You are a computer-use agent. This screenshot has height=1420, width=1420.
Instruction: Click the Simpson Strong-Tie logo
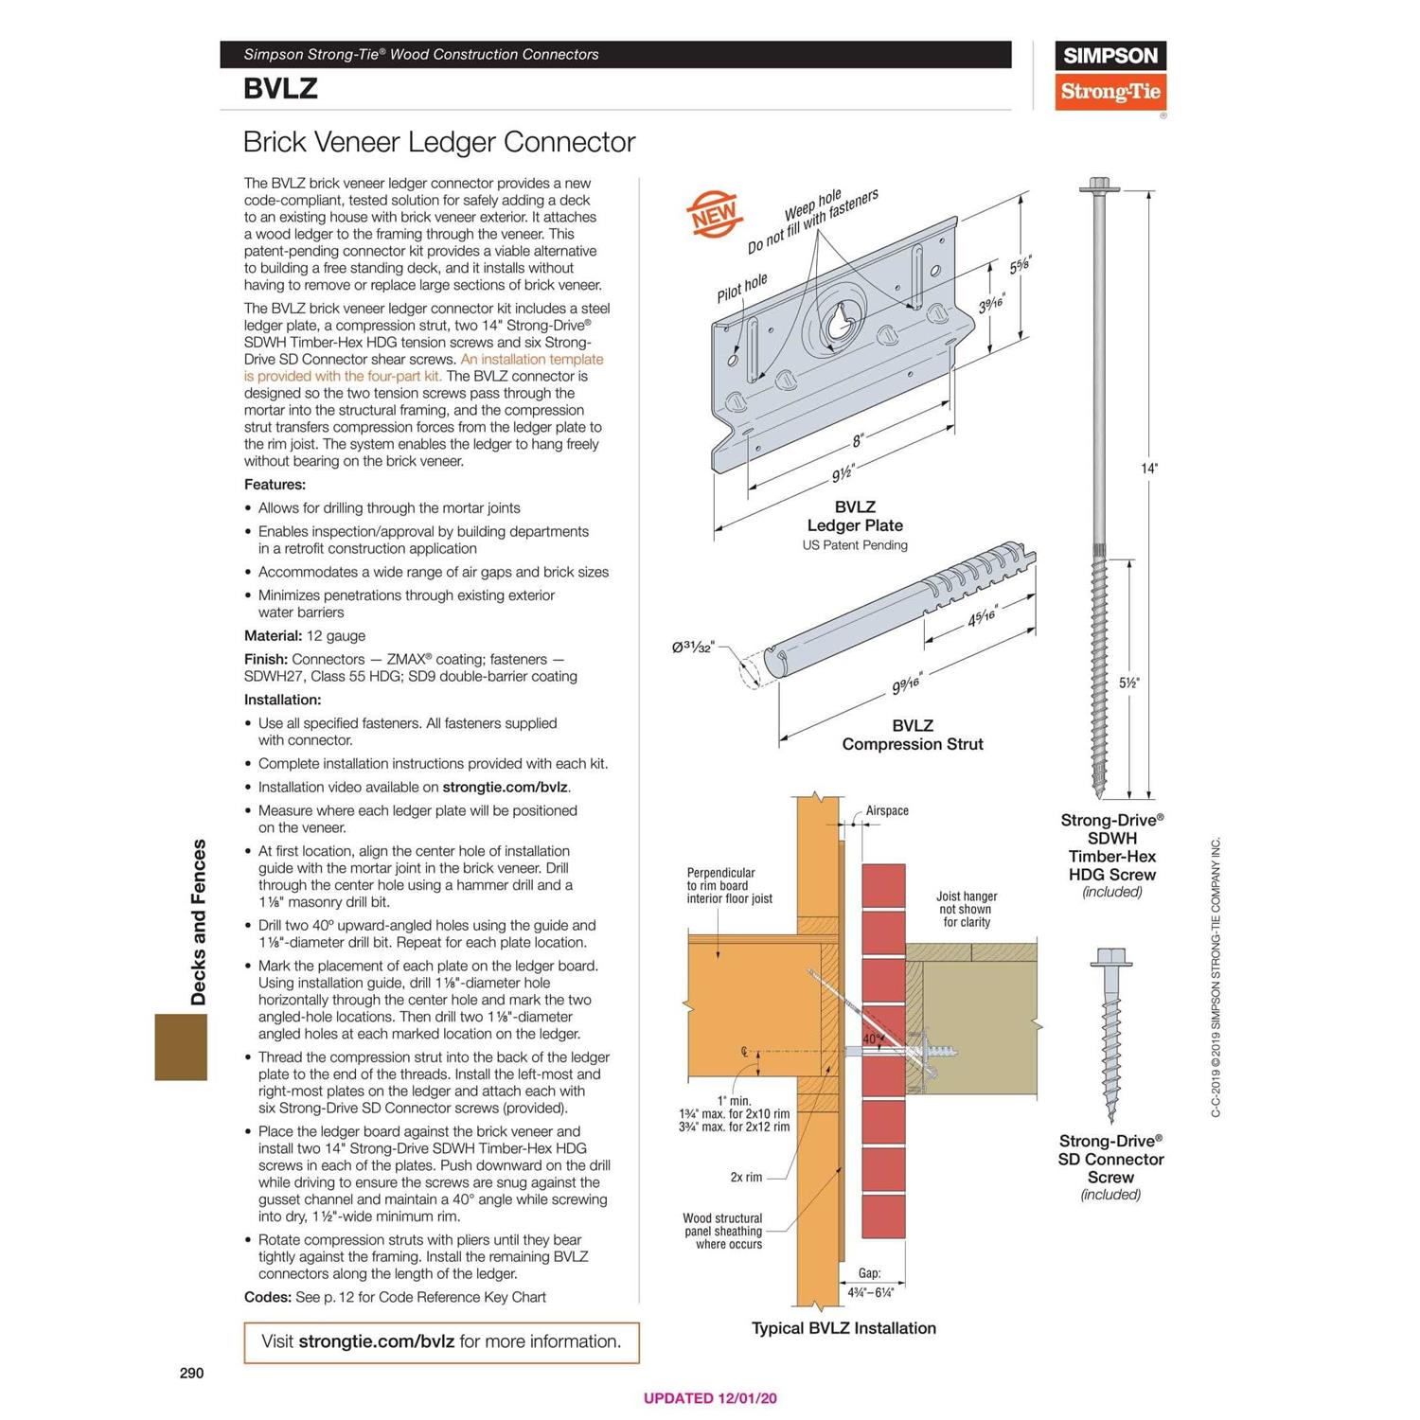[x=1109, y=76]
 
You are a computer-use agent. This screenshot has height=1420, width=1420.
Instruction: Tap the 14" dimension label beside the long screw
[x=1148, y=469]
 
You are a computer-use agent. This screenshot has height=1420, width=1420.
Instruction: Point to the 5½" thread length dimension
[x=1128, y=683]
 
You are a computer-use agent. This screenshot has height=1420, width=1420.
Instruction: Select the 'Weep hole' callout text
[x=812, y=205]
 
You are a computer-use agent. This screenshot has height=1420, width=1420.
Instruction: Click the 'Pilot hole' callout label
[x=741, y=288]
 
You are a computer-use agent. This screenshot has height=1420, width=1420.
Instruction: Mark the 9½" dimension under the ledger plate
[x=843, y=472]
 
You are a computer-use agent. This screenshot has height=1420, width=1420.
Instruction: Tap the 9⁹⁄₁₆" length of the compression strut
[x=906, y=683]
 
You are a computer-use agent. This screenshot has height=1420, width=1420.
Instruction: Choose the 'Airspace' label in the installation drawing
[x=886, y=810]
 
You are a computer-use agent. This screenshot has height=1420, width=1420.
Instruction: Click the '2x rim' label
[x=746, y=1177]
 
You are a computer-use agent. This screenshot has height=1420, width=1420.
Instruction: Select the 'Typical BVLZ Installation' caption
[x=843, y=1328]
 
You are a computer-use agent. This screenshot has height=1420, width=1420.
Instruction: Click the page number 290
[x=191, y=1373]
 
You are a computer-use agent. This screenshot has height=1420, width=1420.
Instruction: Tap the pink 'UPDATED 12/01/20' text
[x=710, y=1398]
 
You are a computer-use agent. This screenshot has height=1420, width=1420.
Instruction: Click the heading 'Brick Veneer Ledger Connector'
[x=438, y=142]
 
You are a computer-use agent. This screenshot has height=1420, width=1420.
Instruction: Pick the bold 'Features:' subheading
[x=275, y=485]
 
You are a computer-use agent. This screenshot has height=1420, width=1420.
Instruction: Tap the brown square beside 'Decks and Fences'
[x=181, y=1047]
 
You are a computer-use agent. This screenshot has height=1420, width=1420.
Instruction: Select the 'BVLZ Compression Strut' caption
[x=913, y=735]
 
